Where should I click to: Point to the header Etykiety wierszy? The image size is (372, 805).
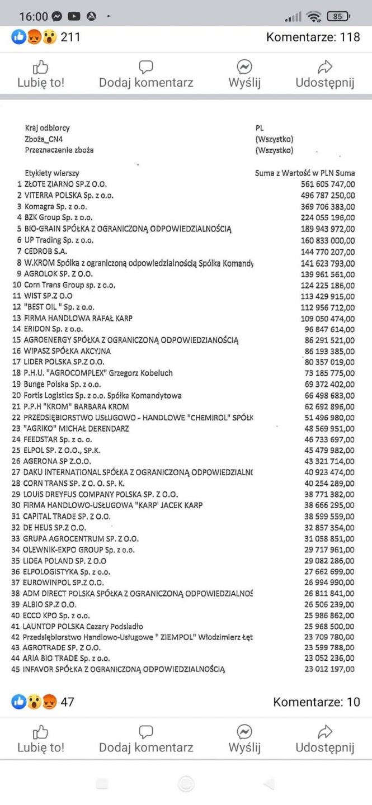[52, 173]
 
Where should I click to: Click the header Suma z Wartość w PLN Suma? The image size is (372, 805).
[305, 173]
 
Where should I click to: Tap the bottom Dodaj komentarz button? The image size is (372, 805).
[146, 739]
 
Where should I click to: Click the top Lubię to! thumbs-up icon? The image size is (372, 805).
[41, 68]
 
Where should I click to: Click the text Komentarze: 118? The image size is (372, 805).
[313, 37]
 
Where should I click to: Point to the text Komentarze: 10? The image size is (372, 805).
[317, 702]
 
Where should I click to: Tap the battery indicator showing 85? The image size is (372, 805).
[338, 16]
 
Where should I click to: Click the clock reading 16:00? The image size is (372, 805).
[34, 16]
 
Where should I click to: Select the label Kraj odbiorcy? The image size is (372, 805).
[48, 128]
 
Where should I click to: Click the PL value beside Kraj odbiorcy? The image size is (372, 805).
[259, 128]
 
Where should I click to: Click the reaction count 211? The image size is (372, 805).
[70, 37]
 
